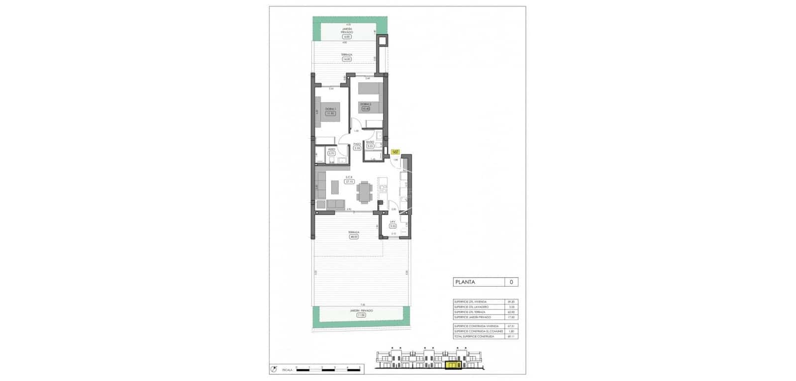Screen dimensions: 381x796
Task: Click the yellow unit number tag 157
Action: (x=396, y=152)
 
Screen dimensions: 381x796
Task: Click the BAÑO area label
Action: (x=370, y=142)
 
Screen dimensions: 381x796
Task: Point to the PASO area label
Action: (x=357, y=144)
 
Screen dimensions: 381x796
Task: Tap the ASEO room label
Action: (x=331, y=149)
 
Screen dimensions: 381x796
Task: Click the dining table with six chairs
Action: (x=365, y=191)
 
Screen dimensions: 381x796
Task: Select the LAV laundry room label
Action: (x=393, y=222)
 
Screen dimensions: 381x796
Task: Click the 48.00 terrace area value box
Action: (x=354, y=237)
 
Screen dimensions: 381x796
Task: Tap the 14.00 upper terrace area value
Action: (x=346, y=59)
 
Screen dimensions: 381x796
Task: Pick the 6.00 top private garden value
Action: (x=346, y=36)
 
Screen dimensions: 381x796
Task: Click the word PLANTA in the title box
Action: (x=465, y=282)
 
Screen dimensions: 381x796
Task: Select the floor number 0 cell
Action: (x=511, y=282)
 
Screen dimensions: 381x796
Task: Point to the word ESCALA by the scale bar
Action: (x=287, y=370)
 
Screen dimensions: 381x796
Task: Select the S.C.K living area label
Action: (x=349, y=178)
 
